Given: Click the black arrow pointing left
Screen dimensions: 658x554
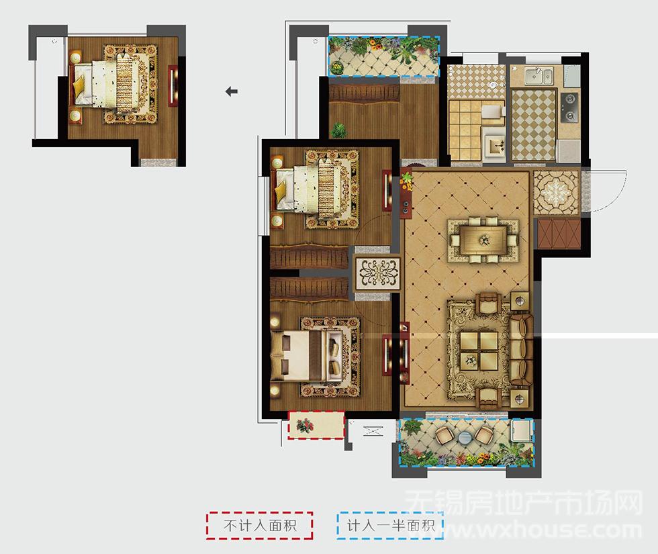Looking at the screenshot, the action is point(232,91).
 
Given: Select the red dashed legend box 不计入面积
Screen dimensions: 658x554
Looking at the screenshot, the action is point(260,525).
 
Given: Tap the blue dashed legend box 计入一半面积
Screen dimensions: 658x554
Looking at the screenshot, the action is point(390,525).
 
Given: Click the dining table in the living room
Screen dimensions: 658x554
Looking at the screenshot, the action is point(484,240).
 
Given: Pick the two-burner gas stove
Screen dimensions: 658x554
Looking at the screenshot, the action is point(569,108).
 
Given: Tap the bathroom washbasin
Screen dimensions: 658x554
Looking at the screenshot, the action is point(496,145).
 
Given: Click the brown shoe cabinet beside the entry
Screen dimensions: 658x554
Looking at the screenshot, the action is point(559,233).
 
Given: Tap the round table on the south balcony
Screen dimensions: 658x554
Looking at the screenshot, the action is point(465,438).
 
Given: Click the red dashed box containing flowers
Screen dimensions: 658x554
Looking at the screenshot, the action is point(316,425).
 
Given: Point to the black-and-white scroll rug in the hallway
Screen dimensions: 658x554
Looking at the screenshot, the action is point(377,273).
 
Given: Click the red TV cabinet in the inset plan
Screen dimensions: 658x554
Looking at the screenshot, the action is point(173,86).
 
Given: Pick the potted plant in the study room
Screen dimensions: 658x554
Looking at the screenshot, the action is point(338,130).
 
